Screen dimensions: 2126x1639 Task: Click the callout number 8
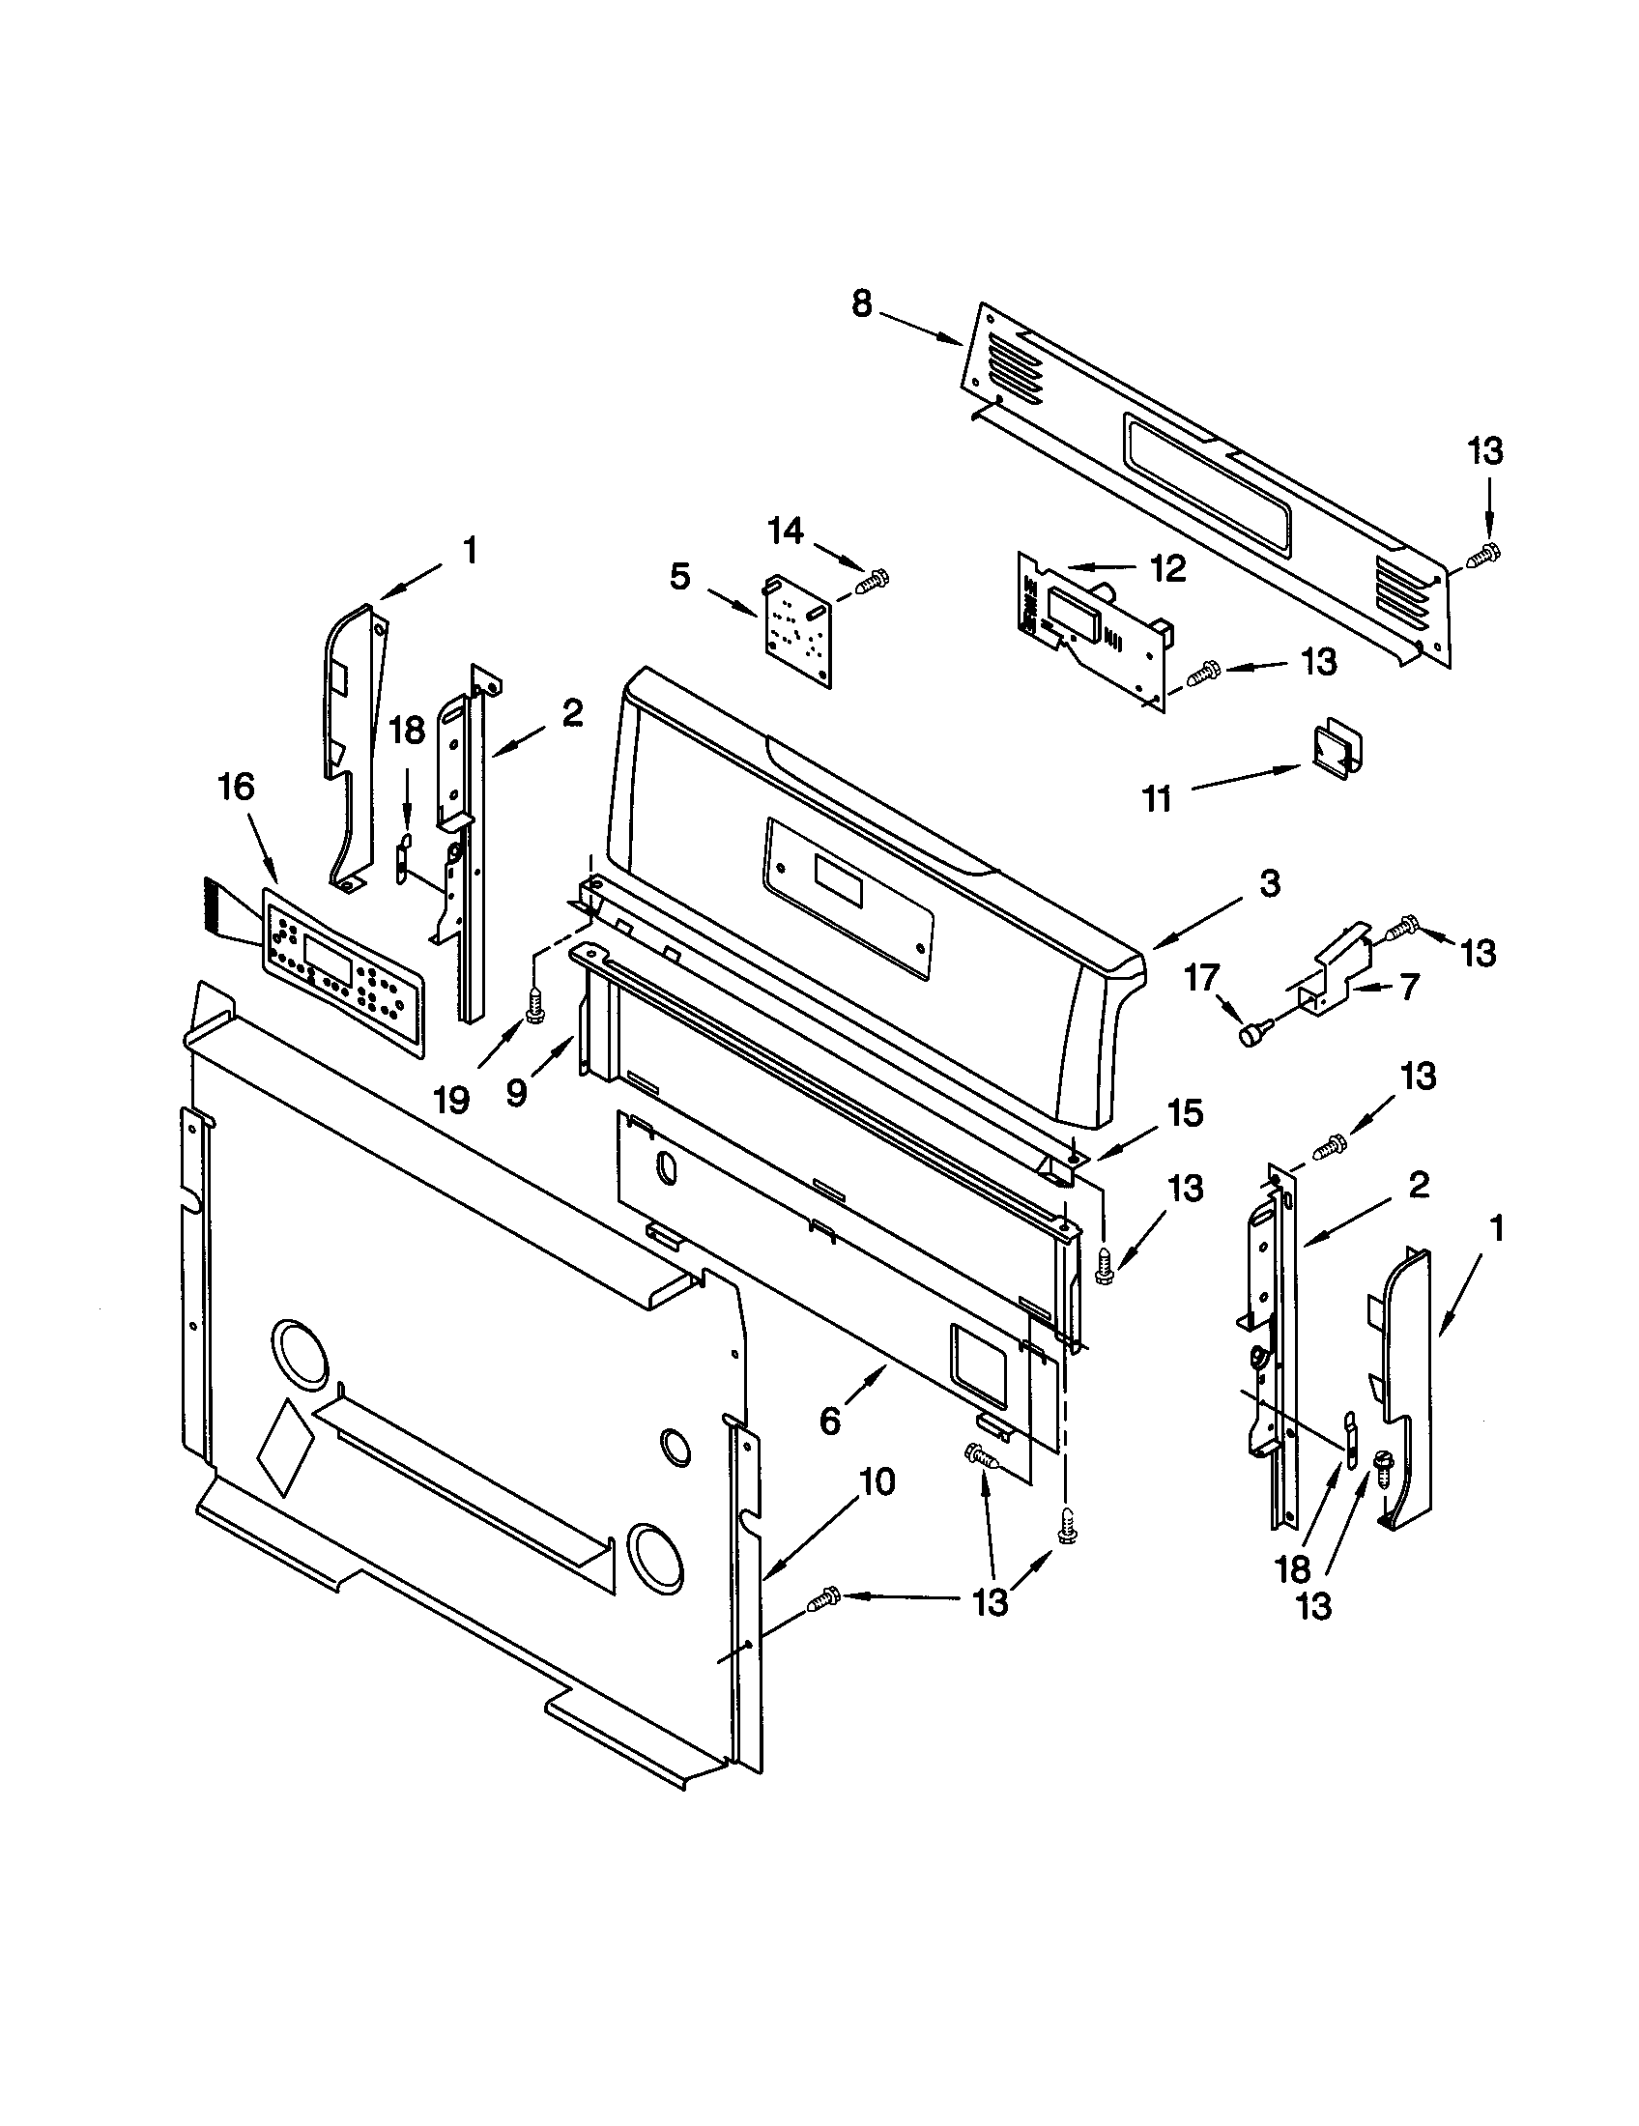pyautogui.click(x=861, y=303)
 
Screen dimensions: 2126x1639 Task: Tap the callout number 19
pyautogui.click(x=451, y=1099)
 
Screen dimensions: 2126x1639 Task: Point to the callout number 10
pyautogui.click(x=875, y=1481)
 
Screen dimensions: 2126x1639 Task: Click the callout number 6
pyautogui.click(x=829, y=1422)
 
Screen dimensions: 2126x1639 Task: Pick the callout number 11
pyautogui.click(x=1156, y=799)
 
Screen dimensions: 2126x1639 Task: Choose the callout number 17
pyautogui.click(x=1201, y=976)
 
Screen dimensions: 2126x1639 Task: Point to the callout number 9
pyautogui.click(x=517, y=1092)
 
